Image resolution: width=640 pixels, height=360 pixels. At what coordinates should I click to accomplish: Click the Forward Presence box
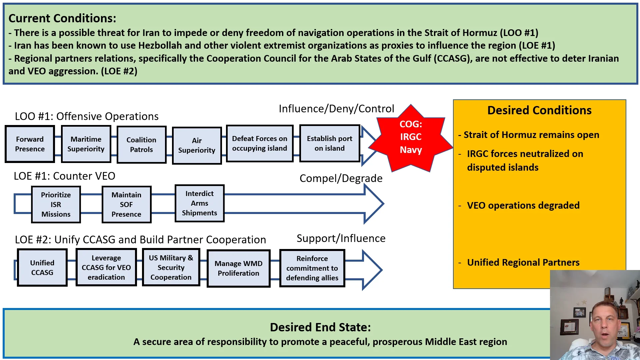30,144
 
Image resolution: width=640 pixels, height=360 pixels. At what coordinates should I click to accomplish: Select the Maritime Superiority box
86,144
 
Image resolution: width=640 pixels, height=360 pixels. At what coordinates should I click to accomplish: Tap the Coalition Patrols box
141,145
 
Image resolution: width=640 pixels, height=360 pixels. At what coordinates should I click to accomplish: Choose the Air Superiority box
197,145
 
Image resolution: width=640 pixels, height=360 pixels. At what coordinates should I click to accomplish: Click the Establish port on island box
329,143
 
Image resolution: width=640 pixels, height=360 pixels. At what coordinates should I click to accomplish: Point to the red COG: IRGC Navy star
411,137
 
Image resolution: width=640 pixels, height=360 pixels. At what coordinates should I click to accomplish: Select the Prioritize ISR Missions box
56,204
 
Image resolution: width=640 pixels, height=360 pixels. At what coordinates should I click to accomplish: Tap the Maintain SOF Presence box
126,204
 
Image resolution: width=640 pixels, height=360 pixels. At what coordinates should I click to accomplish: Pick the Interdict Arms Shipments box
199,203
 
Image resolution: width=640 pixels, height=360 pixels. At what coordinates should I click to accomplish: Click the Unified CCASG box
42,267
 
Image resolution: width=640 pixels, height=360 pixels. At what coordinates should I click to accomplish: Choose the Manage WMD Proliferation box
238,268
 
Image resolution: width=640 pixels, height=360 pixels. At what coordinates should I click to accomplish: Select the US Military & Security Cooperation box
171,267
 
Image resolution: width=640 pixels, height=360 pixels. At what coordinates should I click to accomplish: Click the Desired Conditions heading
539,110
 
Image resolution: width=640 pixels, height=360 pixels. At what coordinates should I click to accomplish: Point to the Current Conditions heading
62,18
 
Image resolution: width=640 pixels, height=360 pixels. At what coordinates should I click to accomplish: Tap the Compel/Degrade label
341,178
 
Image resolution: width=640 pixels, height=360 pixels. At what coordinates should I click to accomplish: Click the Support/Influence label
341,238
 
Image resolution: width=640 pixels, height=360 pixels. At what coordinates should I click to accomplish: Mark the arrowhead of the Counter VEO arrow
374,204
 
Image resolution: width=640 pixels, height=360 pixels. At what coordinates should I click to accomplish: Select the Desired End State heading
320,327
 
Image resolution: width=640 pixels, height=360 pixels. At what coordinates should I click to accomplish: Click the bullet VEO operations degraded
523,205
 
